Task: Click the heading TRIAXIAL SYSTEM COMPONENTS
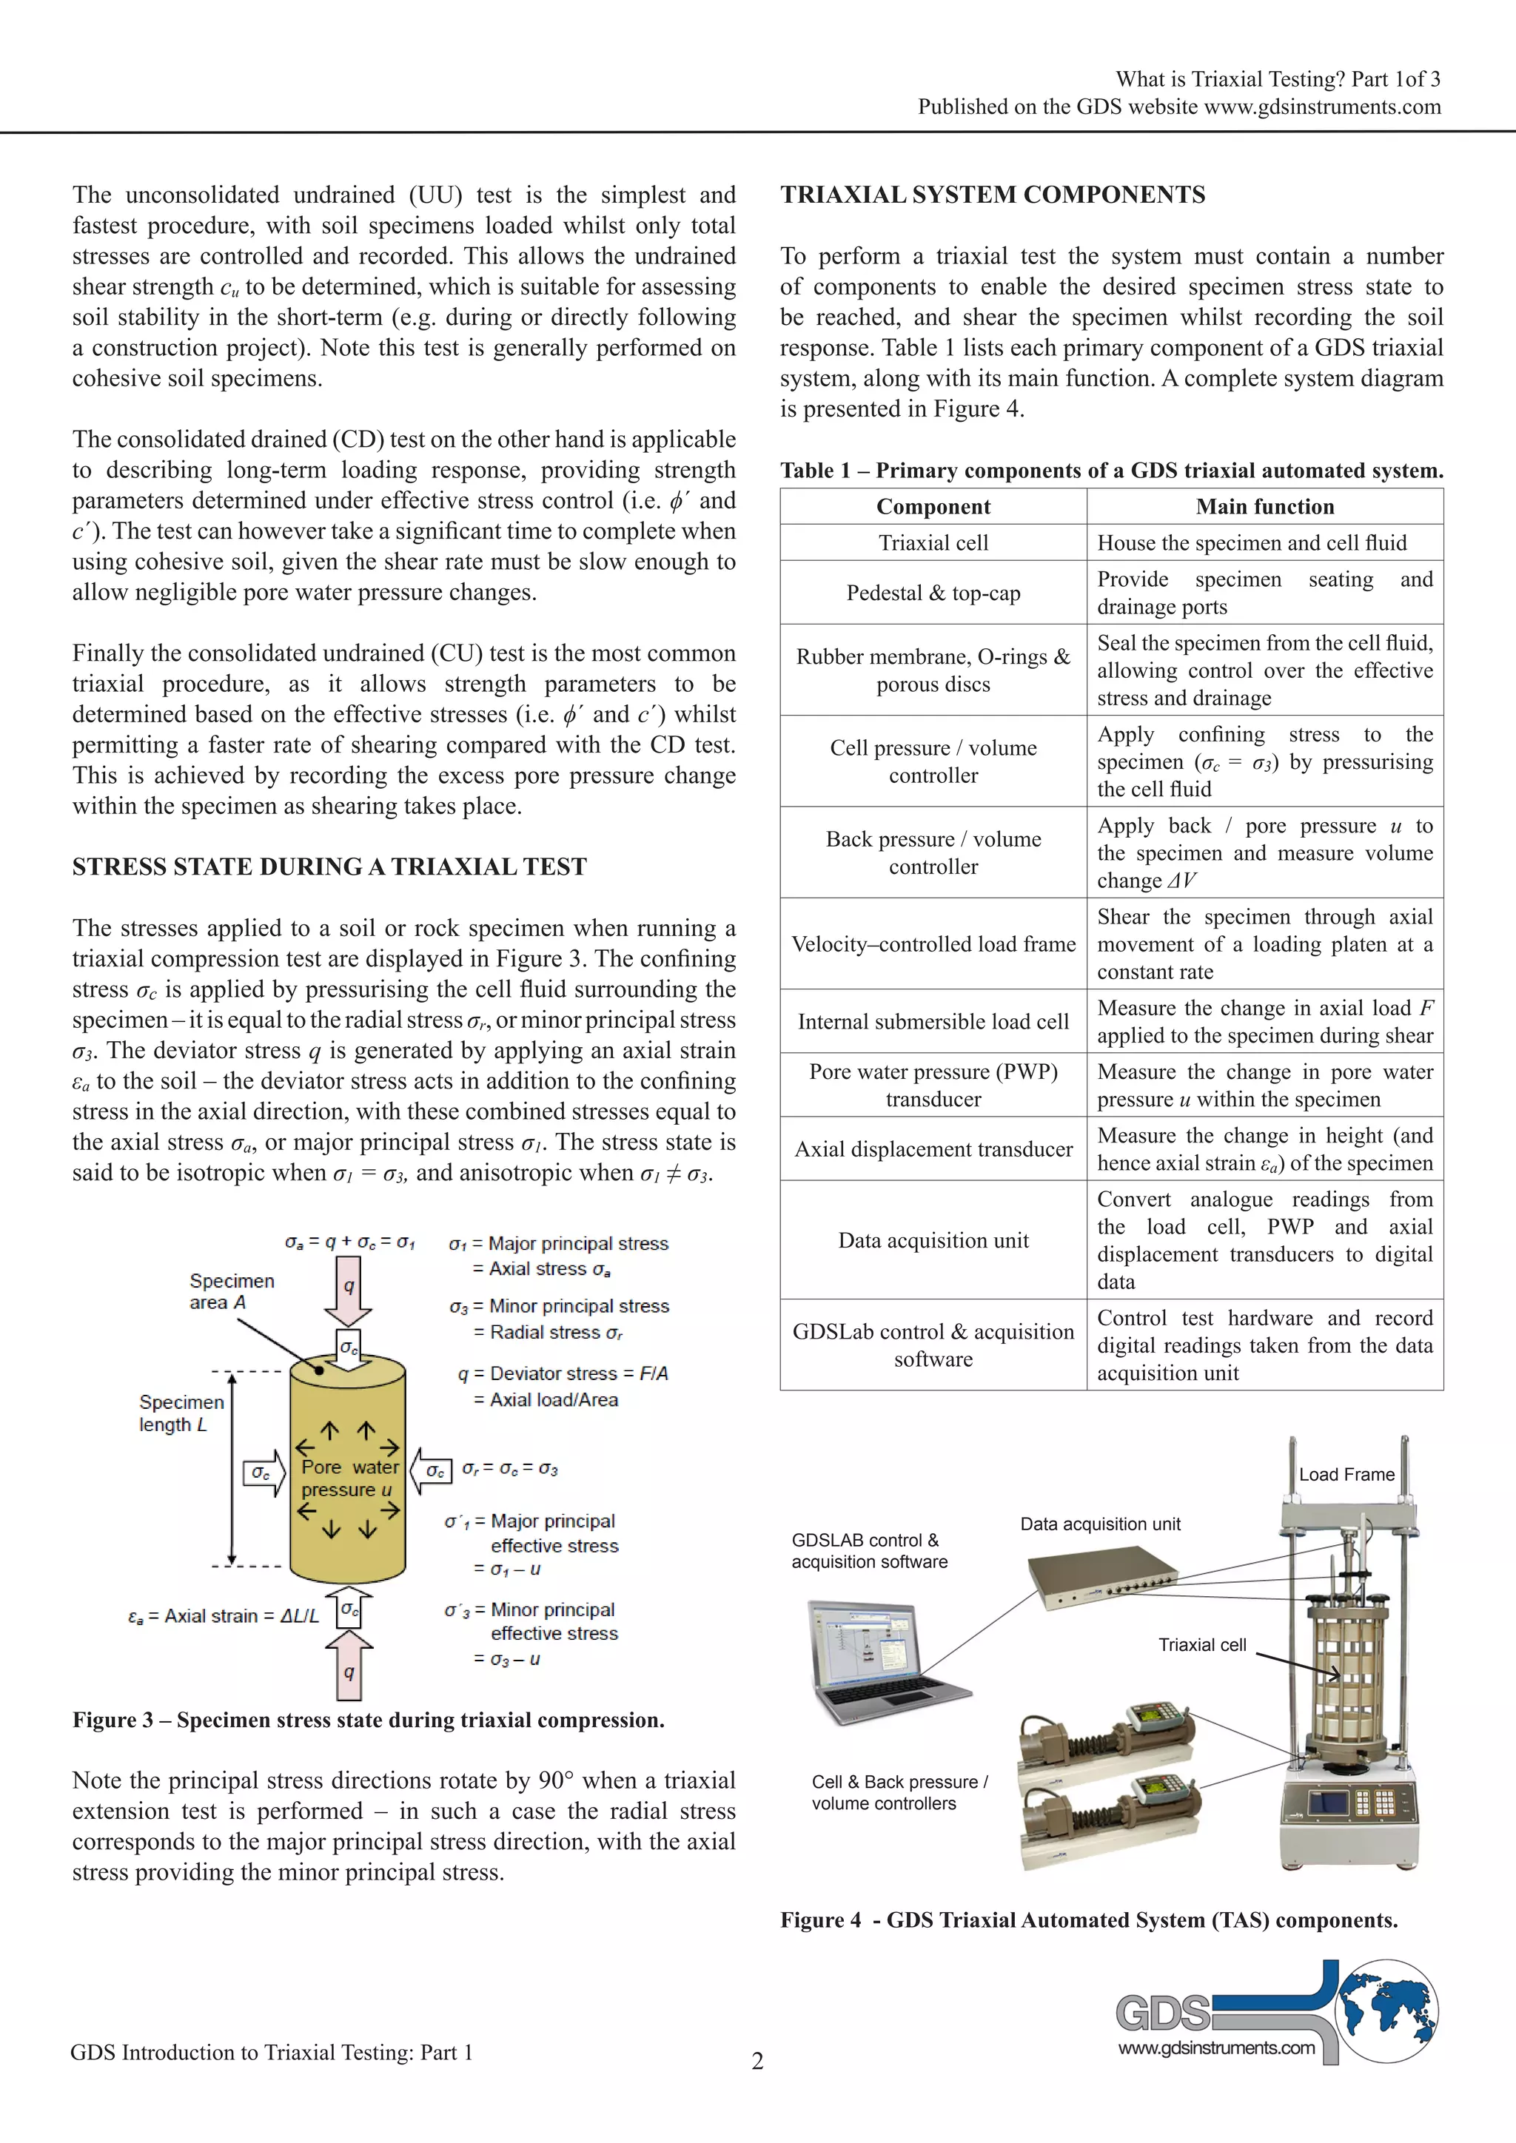tap(993, 195)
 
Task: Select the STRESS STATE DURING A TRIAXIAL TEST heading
tap(329, 867)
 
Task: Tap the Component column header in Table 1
tap(933, 507)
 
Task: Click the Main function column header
tap(1265, 507)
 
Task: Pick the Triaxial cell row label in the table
tap(933, 543)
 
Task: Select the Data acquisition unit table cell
tap(933, 1240)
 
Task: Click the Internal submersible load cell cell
tap(933, 1022)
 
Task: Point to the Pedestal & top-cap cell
tap(933, 593)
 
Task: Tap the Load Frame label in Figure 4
tap(1346, 1475)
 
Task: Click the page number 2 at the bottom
tap(757, 2061)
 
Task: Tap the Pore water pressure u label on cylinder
tap(348, 1478)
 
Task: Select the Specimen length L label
tap(181, 1413)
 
